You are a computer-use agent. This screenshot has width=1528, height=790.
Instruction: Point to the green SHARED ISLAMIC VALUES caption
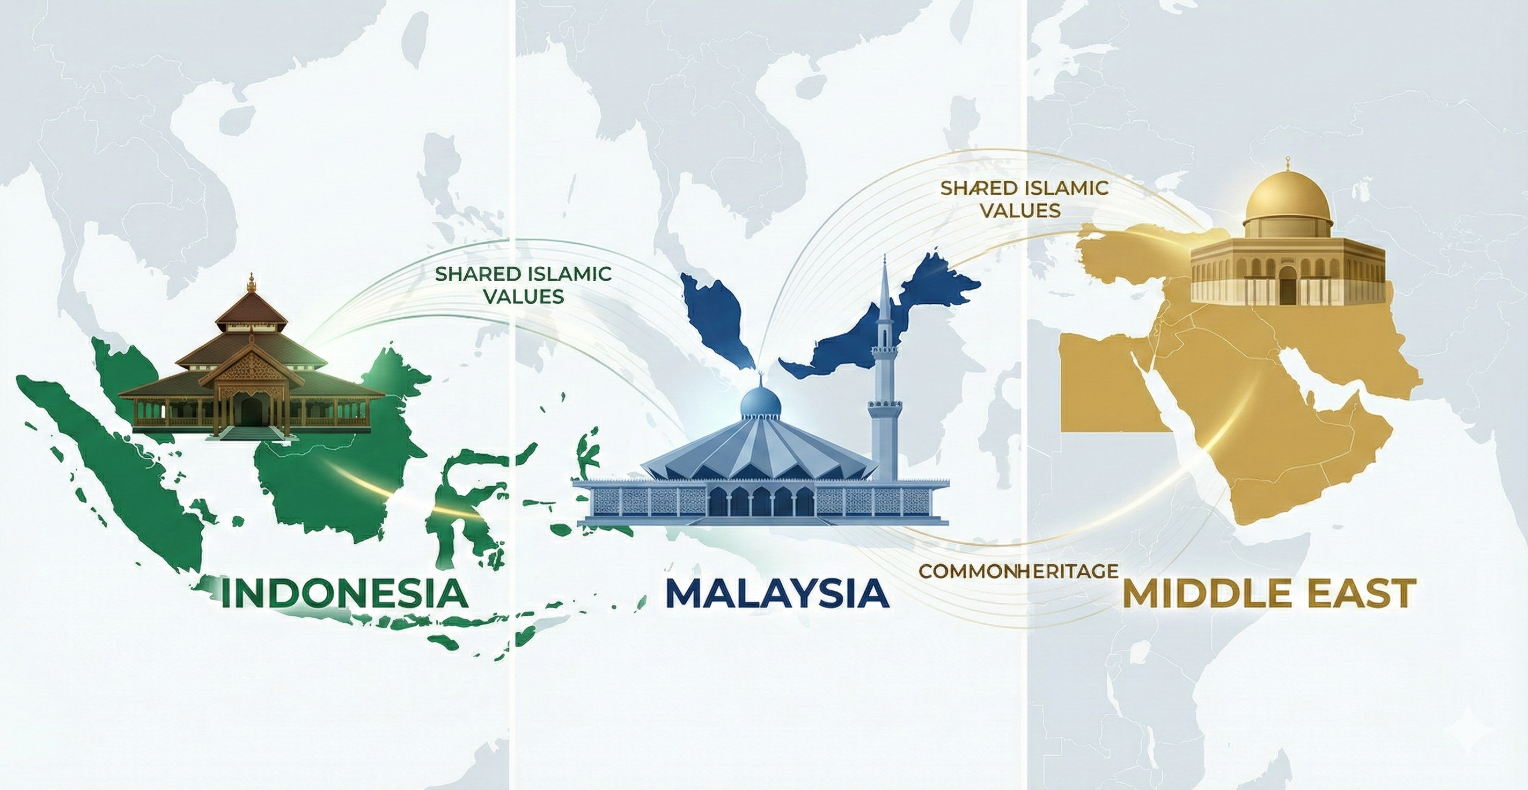(523, 285)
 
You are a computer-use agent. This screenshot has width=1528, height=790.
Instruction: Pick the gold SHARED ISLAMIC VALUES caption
(1024, 198)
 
